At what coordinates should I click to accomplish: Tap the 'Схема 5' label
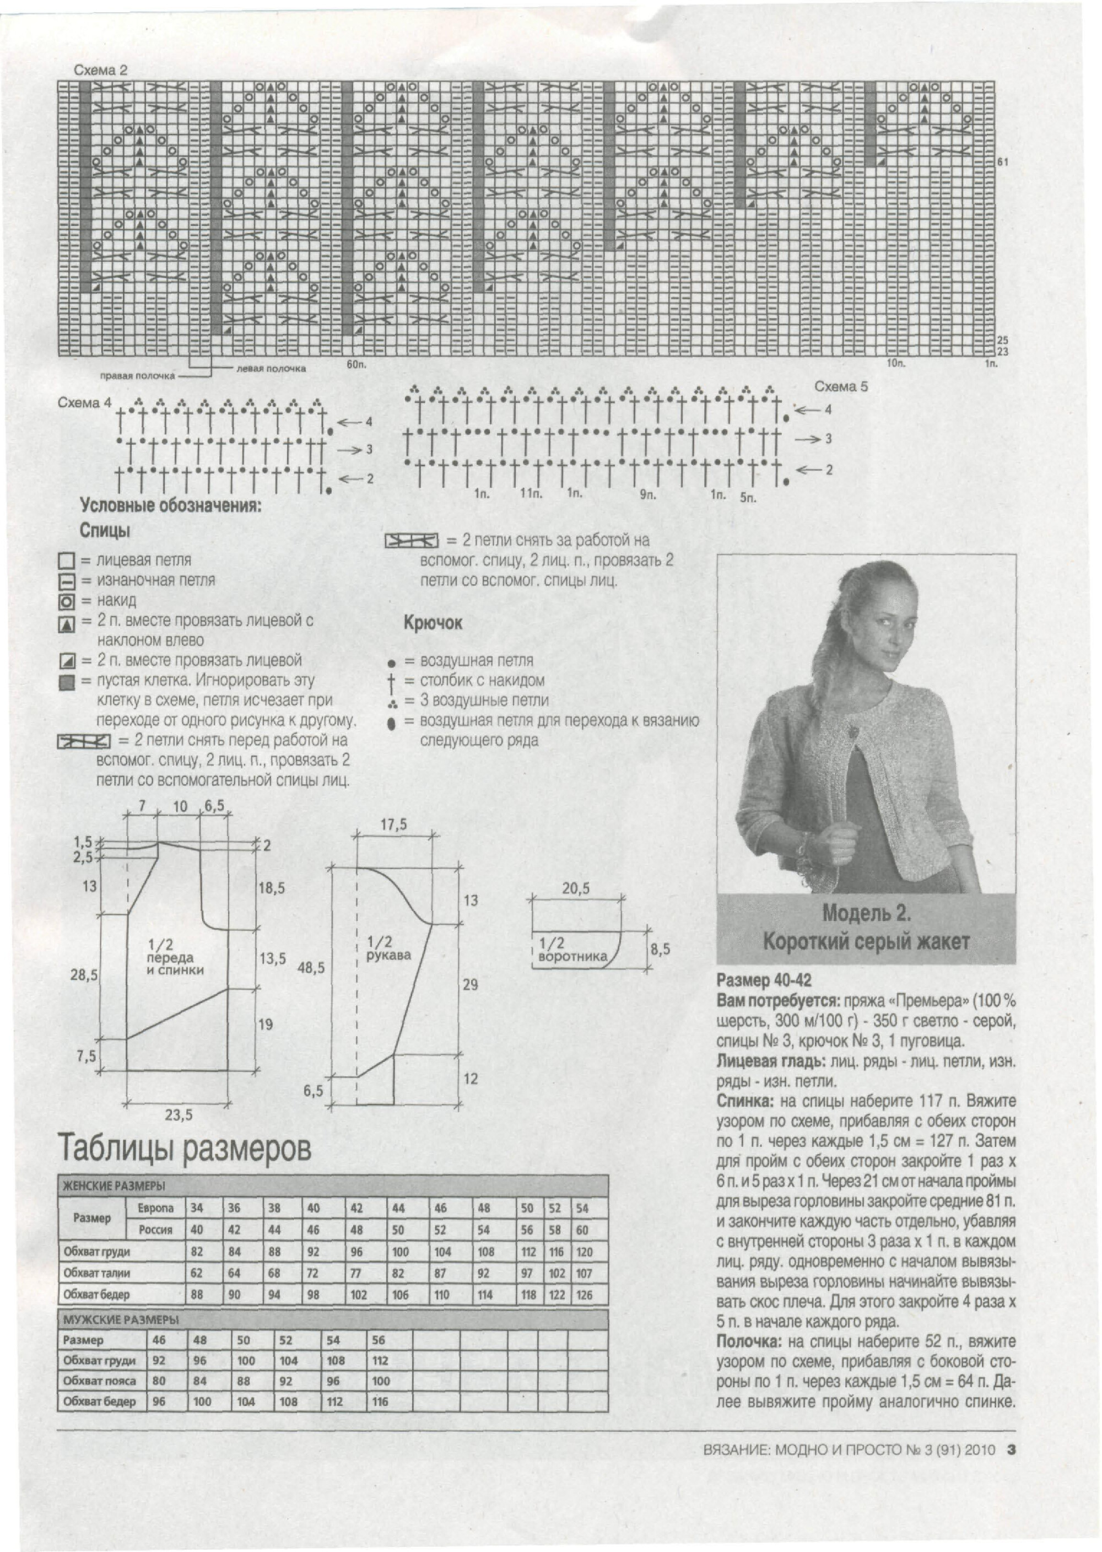(x=841, y=387)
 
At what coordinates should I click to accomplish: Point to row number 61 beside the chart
(x=1002, y=161)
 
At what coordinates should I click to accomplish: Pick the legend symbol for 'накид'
(x=67, y=601)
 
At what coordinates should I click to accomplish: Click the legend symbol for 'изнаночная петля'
(x=67, y=581)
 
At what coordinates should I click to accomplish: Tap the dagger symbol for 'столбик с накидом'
(x=392, y=681)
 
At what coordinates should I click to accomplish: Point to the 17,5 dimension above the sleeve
(x=393, y=824)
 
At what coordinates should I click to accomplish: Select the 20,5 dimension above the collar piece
(x=575, y=888)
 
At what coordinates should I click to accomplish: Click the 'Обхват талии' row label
(x=96, y=1273)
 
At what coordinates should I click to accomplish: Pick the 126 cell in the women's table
(x=584, y=1295)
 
